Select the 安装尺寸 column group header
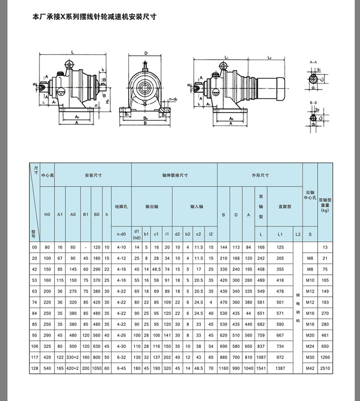coord(93,175)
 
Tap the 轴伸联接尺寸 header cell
coord(174,175)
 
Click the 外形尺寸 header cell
coord(260,175)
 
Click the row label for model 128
coord(34,368)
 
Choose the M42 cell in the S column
coord(310,368)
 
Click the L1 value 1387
coord(280,368)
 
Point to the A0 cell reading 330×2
coord(73,357)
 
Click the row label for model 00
coord(34,247)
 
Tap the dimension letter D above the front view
coord(146,53)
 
